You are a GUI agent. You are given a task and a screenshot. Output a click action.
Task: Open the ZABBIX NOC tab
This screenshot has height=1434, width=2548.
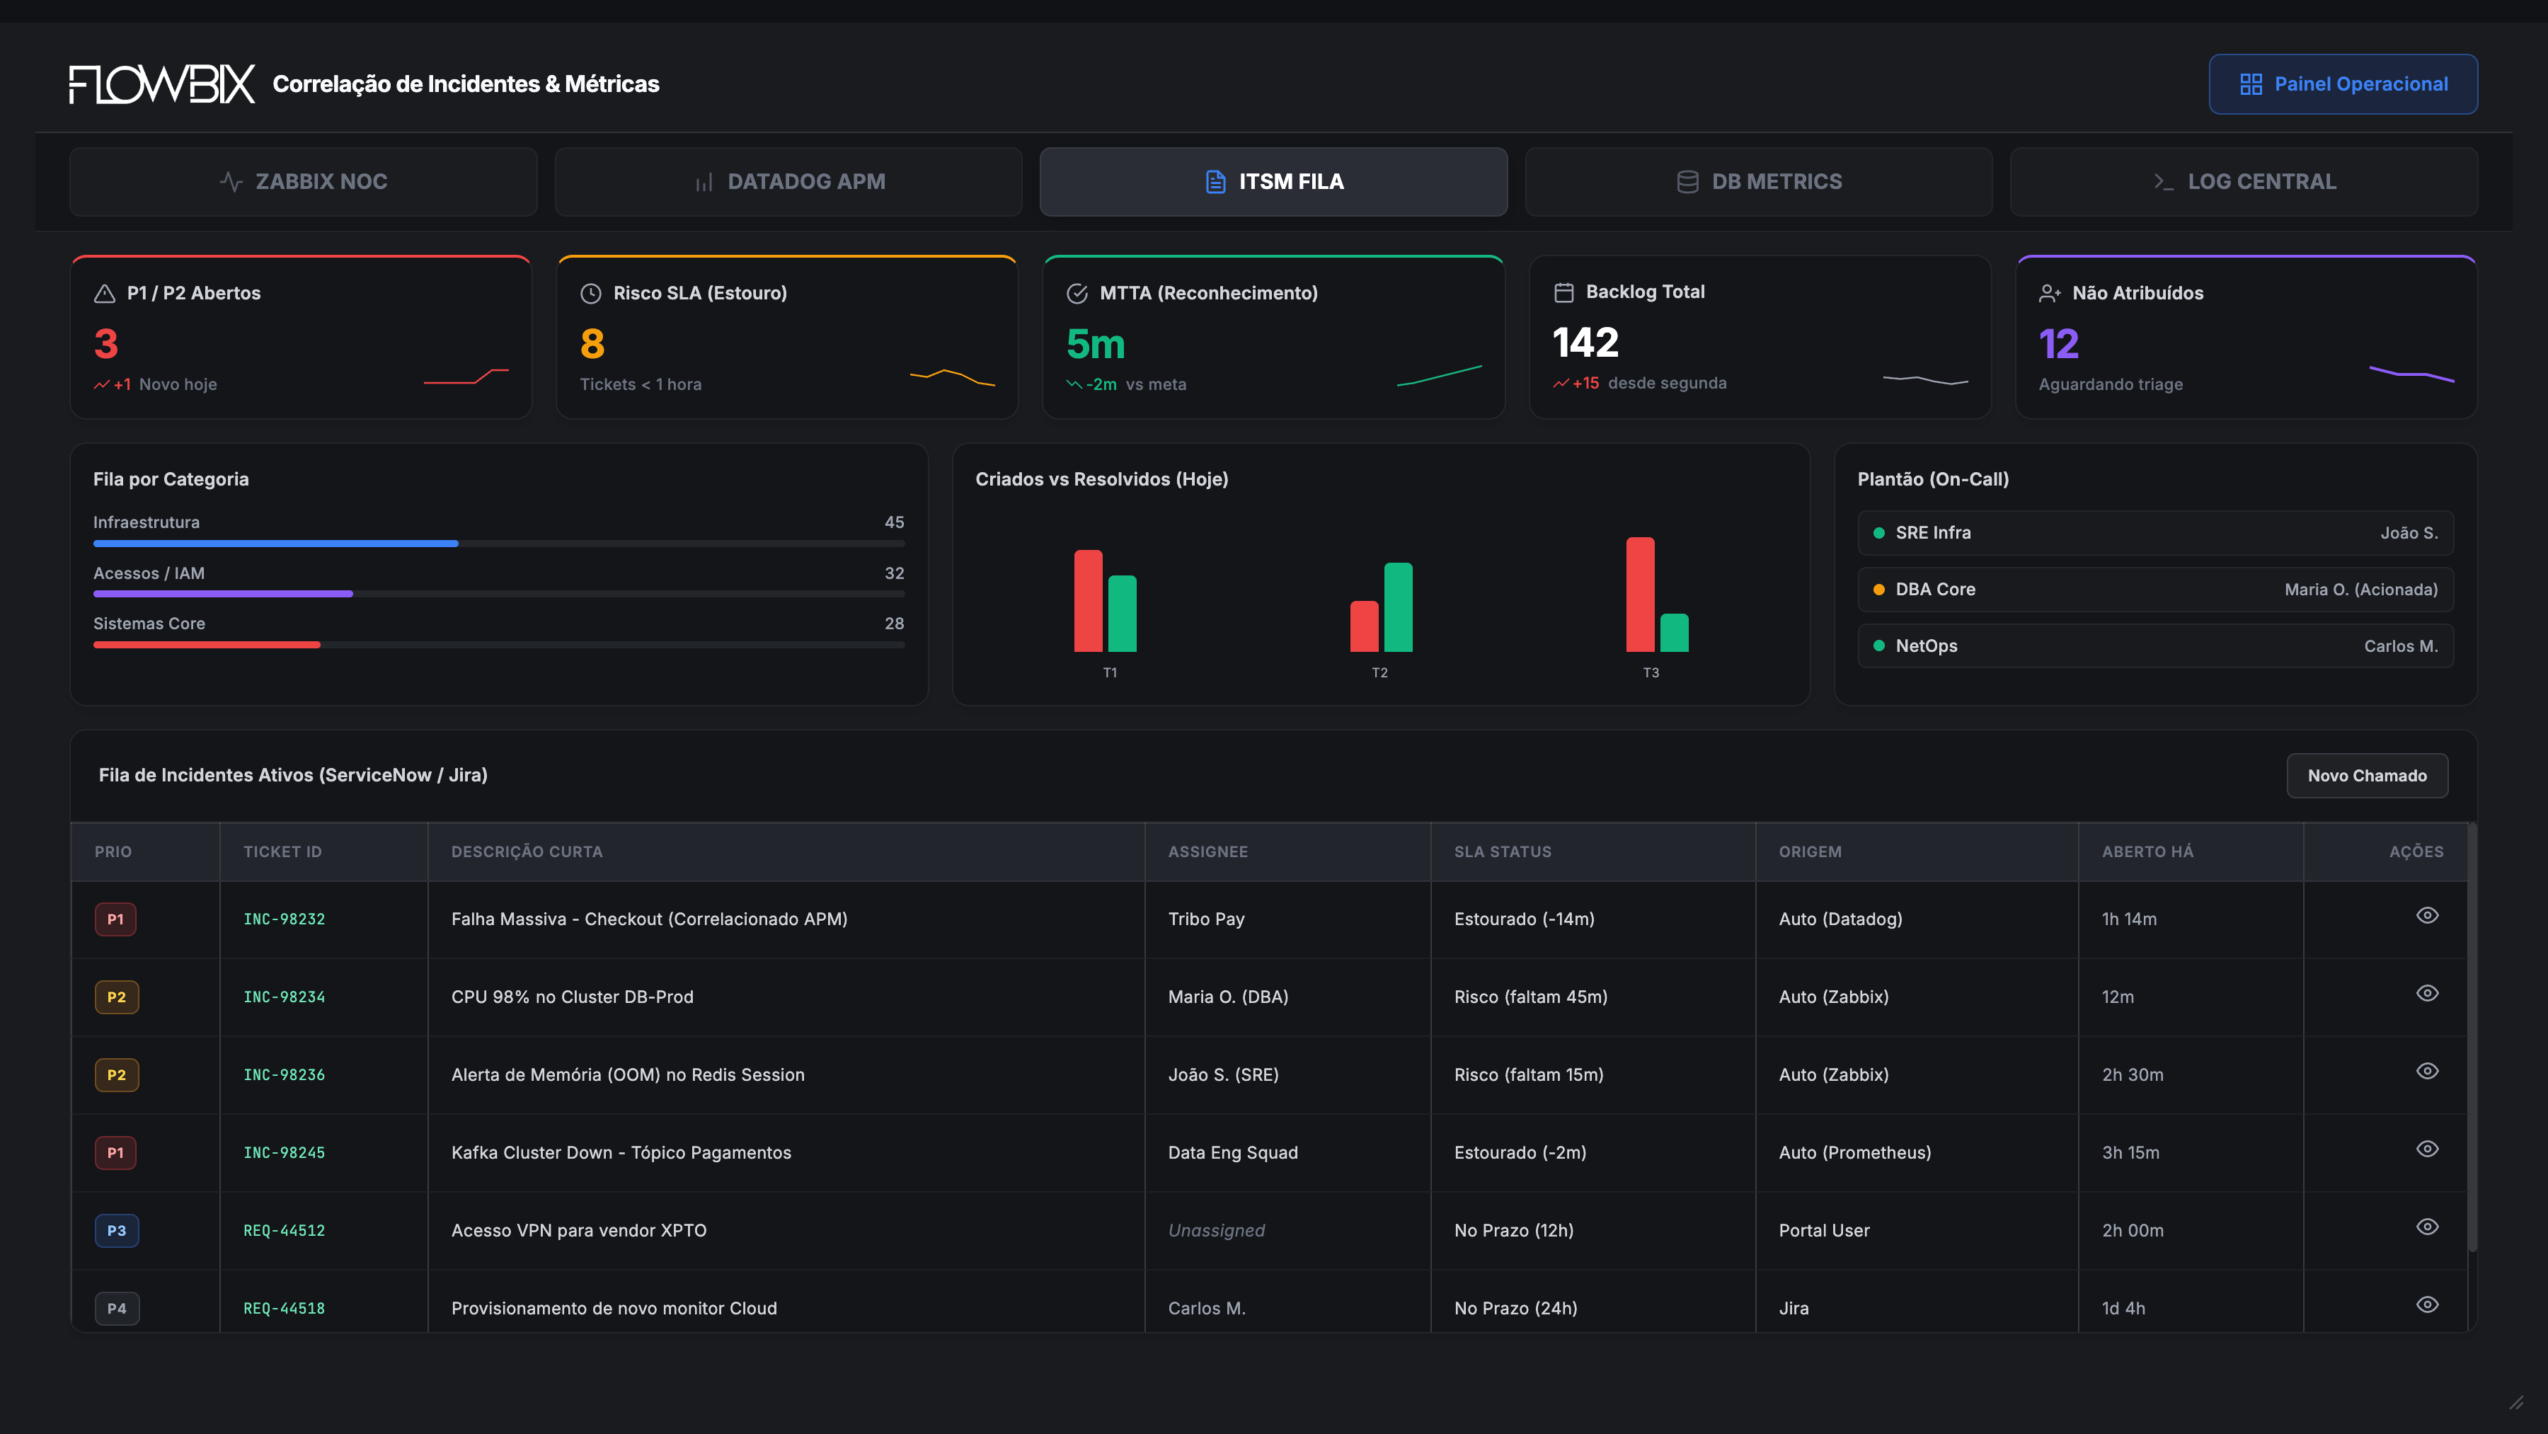(304, 182)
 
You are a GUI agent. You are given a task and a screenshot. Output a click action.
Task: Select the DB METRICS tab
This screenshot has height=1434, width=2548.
(1759, 182)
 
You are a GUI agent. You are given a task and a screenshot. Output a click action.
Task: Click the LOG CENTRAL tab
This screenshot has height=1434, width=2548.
(2244, 182)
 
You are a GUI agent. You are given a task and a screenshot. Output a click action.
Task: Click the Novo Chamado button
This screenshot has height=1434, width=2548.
(2367, 775)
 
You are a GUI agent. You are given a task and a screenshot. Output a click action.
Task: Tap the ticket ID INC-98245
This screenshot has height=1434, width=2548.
(284, 1153)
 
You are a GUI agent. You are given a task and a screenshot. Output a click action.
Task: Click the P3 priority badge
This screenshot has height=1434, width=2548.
(117, 1230)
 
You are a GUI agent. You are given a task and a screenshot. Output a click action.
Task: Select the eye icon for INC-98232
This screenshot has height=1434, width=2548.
(2428, 916)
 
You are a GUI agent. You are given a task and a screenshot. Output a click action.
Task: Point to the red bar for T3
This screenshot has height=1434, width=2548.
(1640, 595)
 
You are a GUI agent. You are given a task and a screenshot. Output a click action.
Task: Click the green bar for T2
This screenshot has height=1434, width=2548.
(1398, 607)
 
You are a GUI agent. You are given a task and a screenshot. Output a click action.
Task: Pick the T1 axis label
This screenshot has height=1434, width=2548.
(1110, 672)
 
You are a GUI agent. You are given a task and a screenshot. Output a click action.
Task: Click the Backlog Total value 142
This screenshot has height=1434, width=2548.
(1585, 343)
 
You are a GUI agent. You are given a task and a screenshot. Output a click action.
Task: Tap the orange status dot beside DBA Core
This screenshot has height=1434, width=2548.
(1878, 590)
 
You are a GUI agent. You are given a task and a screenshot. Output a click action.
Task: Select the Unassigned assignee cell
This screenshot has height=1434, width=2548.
(1216, 1230)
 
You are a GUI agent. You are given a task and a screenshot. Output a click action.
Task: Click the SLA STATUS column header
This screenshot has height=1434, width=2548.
(1503, 851)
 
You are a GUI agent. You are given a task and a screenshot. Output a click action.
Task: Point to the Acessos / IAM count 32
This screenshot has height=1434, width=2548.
(894, 573)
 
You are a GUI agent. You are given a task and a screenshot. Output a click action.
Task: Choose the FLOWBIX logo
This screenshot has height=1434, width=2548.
(162, 84)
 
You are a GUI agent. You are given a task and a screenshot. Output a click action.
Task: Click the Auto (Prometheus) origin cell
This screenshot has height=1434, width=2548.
(1854, 1153)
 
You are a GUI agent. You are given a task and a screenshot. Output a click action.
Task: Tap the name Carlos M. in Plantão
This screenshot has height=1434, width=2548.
(2401, 646)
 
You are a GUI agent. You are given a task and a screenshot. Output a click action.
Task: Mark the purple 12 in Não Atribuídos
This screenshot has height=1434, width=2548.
(2058, 344)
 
